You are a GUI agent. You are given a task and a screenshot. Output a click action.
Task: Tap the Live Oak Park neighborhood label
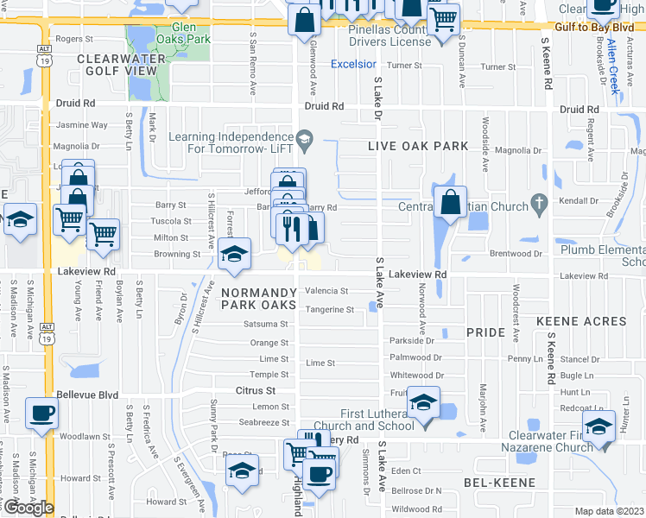418,146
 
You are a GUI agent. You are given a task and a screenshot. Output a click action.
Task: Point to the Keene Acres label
581,321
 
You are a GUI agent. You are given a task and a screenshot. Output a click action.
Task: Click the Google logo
28,508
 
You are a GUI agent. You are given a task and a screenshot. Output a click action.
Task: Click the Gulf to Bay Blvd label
597,28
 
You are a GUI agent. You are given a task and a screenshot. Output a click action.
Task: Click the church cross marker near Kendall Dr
540,205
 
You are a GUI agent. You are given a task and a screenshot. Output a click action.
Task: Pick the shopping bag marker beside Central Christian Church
451,204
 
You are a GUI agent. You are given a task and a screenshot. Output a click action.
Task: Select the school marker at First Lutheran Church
423,403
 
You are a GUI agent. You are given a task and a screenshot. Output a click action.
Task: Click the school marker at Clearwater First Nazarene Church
598,426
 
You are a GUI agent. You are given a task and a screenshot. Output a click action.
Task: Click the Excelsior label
354,65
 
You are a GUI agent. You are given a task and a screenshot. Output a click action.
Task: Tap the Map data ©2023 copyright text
609,511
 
